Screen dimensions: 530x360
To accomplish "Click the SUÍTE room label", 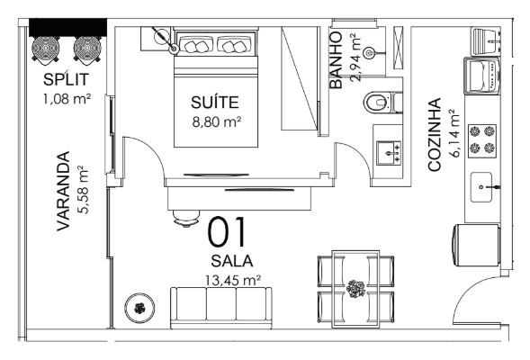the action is (215, 102).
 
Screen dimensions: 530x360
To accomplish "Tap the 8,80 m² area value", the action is (217, 121).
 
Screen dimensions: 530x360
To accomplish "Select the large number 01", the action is (227, 232).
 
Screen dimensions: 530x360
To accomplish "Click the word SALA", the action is (232, 261).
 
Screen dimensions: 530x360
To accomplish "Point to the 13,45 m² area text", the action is (233, 280).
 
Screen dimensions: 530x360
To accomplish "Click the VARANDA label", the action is (63, 191).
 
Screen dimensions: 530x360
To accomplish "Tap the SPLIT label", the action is (66, 79).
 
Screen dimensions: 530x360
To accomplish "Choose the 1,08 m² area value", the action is (67, 99).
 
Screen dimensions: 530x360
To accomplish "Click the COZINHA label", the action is (435, 134).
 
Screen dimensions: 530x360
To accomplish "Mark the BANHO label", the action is (337, 60).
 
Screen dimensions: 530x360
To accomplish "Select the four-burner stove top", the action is (482, 140).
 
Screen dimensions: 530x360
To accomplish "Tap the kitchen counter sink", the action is (482, 187).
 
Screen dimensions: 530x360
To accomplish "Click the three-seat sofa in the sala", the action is (221, 308).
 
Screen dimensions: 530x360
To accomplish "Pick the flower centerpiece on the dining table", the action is (355, 289).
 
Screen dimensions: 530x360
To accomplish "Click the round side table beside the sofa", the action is (139, 308).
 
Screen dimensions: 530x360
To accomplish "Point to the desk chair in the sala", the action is (185, 219).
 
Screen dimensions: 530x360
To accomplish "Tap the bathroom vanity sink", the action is (389, 153).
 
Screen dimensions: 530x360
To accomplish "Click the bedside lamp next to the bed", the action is (163, 39).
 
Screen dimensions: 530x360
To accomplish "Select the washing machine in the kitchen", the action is (482, 76).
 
